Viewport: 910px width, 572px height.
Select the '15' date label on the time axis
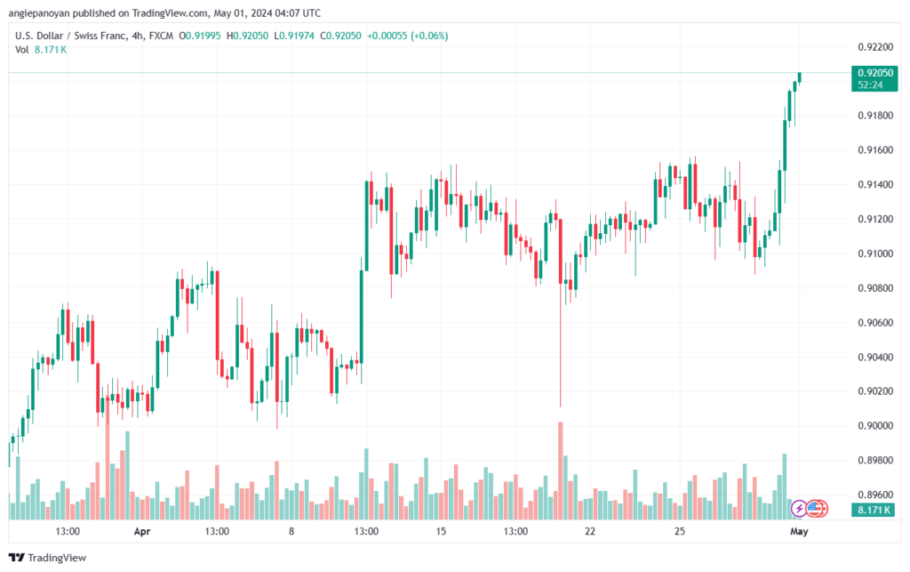[440, 531]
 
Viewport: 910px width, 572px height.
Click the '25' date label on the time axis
[679, 531]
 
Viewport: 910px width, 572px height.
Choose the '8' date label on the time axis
[291, 531]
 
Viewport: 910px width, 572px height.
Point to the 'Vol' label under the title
[22, 50]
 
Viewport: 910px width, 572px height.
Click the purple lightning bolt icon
[800, 509]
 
